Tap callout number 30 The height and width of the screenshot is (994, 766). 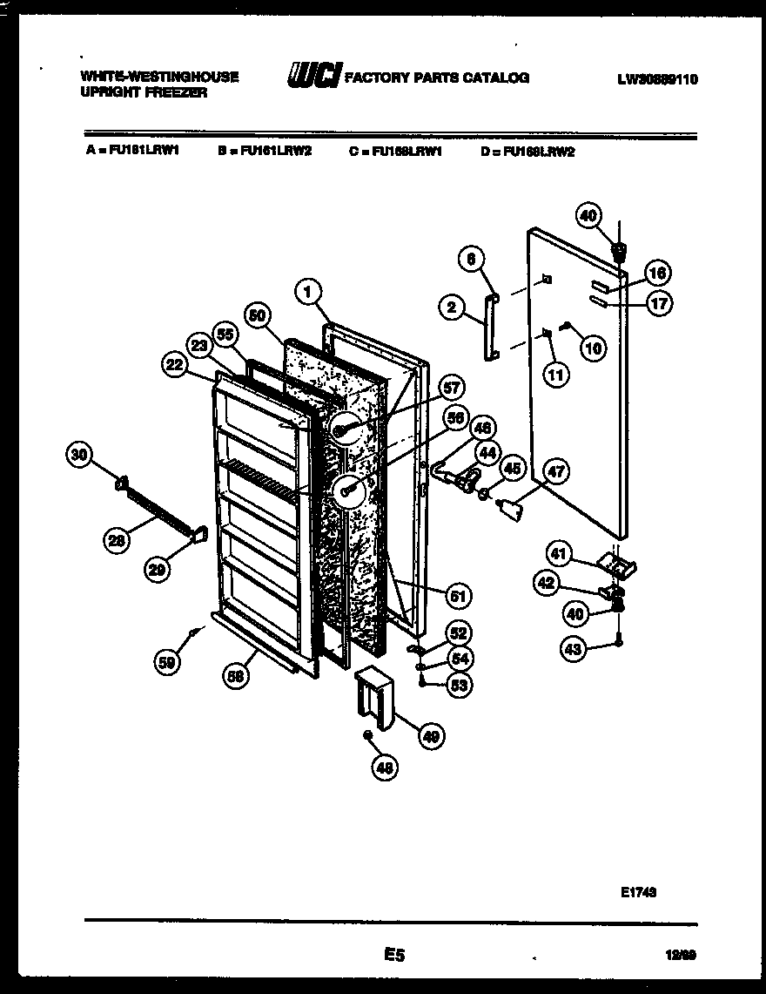[79, 454]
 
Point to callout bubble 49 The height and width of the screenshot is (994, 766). [430, 737]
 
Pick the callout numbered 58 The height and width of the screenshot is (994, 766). [233, 676]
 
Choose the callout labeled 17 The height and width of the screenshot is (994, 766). [659, 304]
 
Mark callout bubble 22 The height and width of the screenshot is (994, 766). [175, 366]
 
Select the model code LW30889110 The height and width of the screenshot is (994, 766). [657, 79]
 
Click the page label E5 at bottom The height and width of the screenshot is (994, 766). [393, 956]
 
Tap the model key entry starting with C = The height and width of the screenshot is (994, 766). [396, 151]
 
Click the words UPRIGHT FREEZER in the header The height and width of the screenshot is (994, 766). [144, 92]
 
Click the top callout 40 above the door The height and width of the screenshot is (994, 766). [589, 214]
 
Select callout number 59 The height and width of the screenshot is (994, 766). [167, 662]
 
